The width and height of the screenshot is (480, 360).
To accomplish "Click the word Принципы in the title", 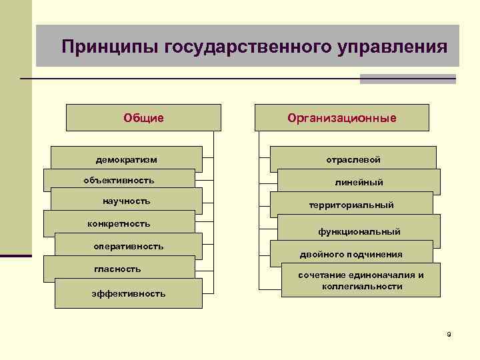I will [101, 47].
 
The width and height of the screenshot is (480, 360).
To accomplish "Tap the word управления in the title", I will [393, 47].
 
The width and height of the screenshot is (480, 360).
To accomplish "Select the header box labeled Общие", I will [143, 118].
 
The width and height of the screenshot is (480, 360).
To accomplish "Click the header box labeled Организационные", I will [342, 118].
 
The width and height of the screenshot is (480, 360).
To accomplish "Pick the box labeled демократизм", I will [127, 160].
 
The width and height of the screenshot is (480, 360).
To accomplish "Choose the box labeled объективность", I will [119, 181].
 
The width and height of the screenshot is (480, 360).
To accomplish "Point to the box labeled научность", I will [127, 201].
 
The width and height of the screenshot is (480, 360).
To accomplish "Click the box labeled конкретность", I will [119, 223].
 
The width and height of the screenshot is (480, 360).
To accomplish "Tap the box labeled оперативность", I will [128, 247].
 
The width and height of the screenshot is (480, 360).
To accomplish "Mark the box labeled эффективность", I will [129, 293].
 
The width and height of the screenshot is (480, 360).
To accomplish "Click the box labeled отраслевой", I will [353, 160].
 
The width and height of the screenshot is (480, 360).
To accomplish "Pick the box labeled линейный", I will [359, 182].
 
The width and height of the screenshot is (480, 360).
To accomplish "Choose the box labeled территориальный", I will [351, 205].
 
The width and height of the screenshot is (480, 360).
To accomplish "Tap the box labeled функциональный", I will [359, 231].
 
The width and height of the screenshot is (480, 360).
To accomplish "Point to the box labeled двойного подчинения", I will [351, 255].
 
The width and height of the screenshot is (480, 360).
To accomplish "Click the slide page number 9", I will [449, 333].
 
